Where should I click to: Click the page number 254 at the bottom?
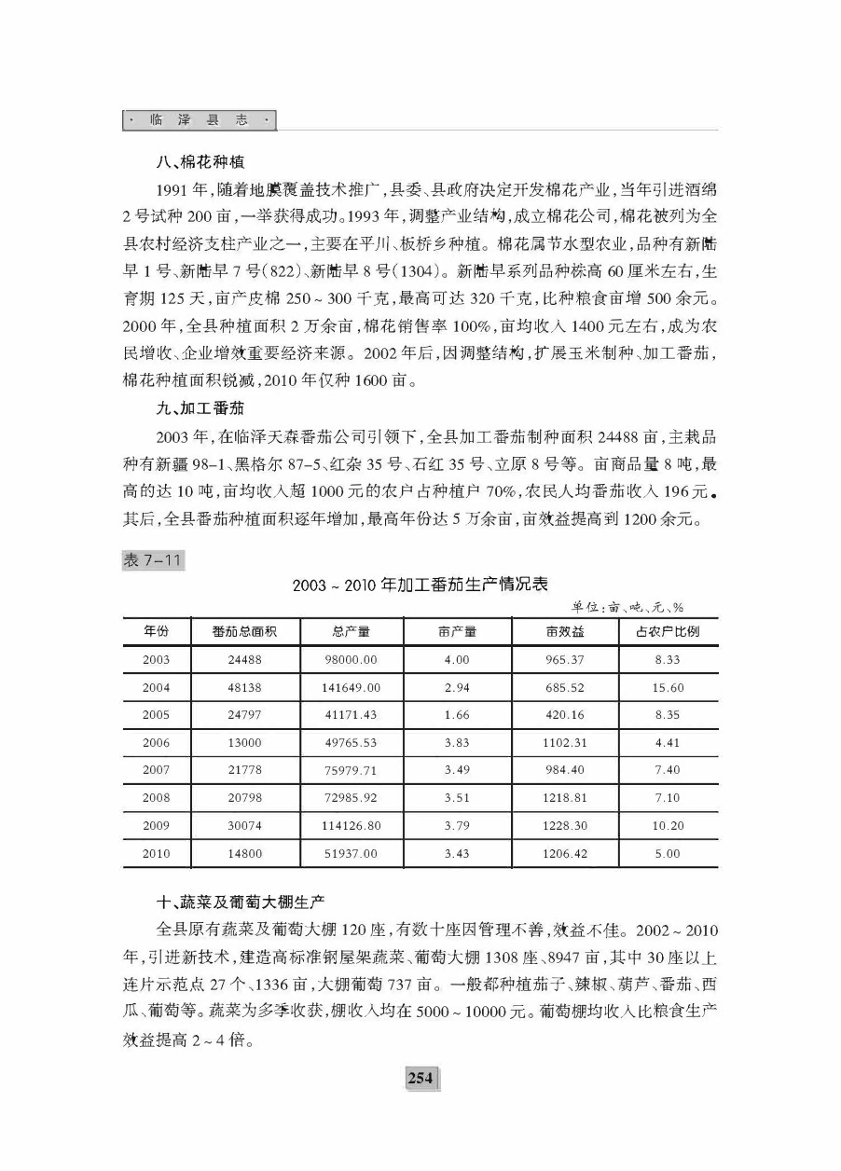point(420,1078)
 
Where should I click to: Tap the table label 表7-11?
point(153,560)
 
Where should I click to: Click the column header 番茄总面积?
point(244,632)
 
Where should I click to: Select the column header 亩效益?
point(566,632)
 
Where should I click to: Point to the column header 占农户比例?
point(668,632)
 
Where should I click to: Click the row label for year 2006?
point(157,743)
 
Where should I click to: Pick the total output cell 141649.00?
point(351,688)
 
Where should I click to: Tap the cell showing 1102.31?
point(566,743)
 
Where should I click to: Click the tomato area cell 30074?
point(244,826)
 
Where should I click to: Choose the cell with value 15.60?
point(668,688)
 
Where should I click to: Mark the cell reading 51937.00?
point(351,854)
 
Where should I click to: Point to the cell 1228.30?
point(566,826)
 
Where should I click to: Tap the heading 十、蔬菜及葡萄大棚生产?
point(239,902)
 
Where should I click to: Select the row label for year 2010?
point(157,854)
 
